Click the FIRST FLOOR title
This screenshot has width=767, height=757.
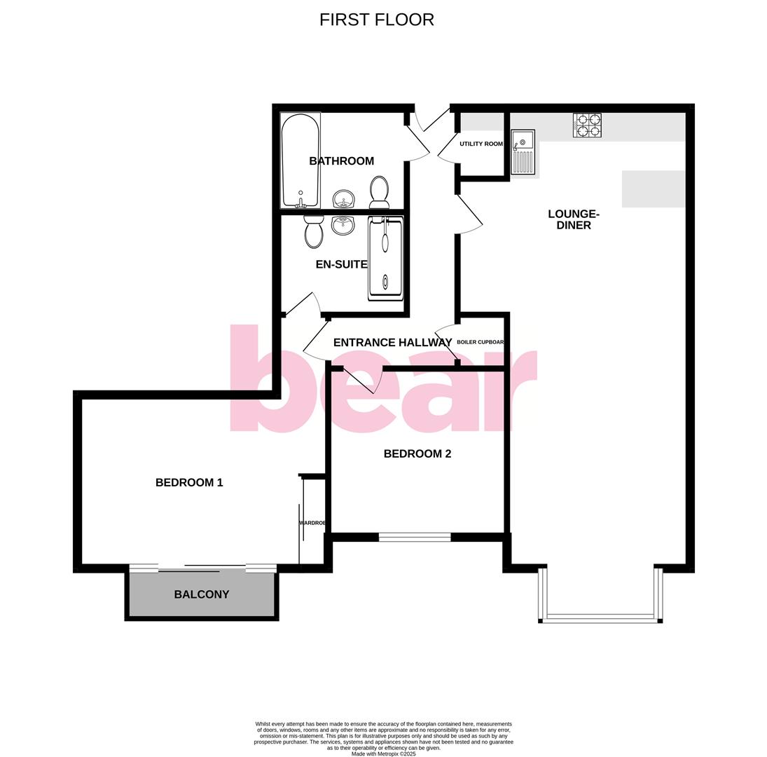(x=376, y=20)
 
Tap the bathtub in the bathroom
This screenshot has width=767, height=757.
(x=300, y=161)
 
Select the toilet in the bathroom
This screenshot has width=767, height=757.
(x=379, y=191)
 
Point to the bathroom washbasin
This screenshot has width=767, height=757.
(x=343, y=199)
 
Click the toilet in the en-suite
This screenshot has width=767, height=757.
(x=314, y=231)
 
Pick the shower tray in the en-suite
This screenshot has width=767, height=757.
(x=385, y=259)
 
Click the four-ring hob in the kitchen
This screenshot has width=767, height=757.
(x=587, y=125)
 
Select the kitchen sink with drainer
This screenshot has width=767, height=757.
(x=523, y=152)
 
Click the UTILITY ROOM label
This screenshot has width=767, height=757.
(x=481, y=144)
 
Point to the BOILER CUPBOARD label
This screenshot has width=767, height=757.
(x=481, y=342)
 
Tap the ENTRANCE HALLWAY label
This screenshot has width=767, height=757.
(x=392, y=343)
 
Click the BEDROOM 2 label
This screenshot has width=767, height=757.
(x=417, y=453)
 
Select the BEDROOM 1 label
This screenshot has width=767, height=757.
(x=189, y=482)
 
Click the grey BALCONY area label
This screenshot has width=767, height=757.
(x=202, y=594)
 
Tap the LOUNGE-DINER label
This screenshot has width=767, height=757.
(x=574, y=219)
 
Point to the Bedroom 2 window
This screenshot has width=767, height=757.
(x=415, y=538)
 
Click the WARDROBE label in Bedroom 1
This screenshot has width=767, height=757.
(x=312, y=523)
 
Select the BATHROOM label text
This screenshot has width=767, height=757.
(x=342, y=161)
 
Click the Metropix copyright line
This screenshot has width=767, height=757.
(x=383, y=754)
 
